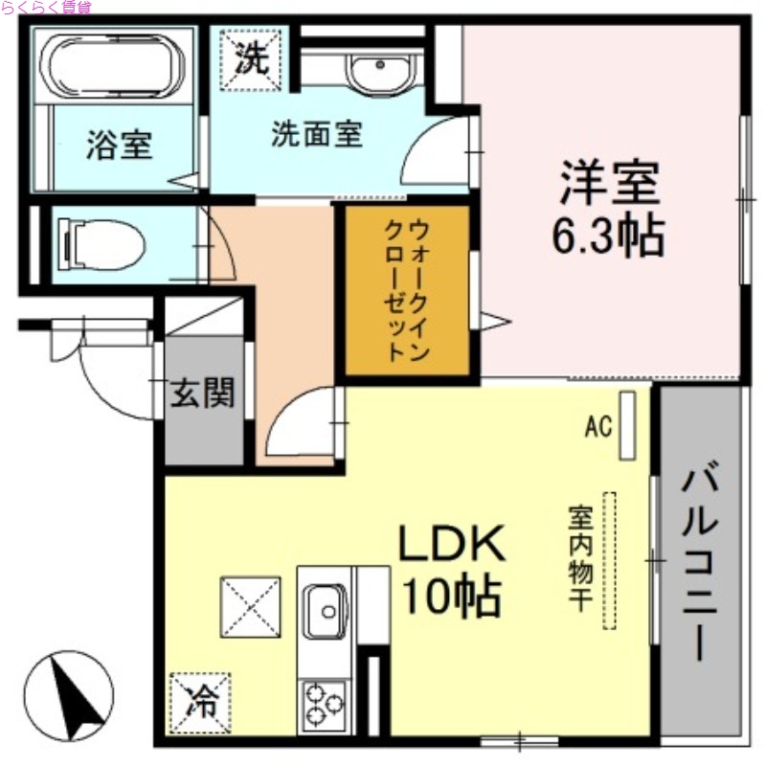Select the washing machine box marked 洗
pyautogui.click(x=253, y=58)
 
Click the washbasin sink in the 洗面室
pyautogui.click(x=379, y=70)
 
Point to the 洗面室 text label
pyautogui.click(x=317, y=135)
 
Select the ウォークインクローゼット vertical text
pyautogui.click(x=407, y=289)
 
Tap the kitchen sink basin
pyautogui.click(x=327, y=609)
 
